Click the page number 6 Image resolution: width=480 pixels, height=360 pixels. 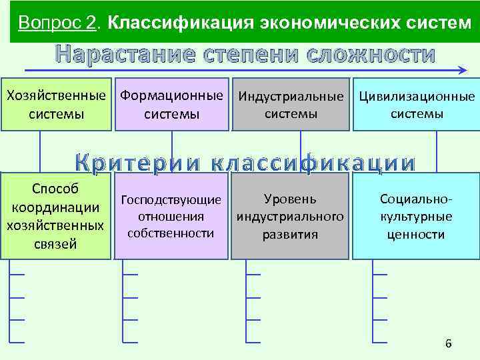pos(448,344)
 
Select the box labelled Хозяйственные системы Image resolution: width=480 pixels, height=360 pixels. pos(56,105)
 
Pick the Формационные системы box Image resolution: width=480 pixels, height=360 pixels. pos(171,105)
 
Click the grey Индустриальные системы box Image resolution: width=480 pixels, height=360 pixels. pos(291,105)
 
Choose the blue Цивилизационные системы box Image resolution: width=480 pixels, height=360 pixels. pos(417,105)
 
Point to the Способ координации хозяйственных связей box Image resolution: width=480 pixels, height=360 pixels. pos(56,216)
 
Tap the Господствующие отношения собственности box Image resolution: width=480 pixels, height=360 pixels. pos(171,216)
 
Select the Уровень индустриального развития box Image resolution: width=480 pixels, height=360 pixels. pos(291,216)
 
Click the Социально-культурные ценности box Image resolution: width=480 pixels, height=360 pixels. pos(417,216)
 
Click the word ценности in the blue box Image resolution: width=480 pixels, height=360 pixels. pos(417,234)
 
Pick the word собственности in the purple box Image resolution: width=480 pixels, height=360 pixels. pos(171,233)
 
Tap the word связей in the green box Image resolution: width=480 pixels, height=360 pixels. pos(56,243)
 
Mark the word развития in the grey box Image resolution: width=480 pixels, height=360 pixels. pos(291,234)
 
